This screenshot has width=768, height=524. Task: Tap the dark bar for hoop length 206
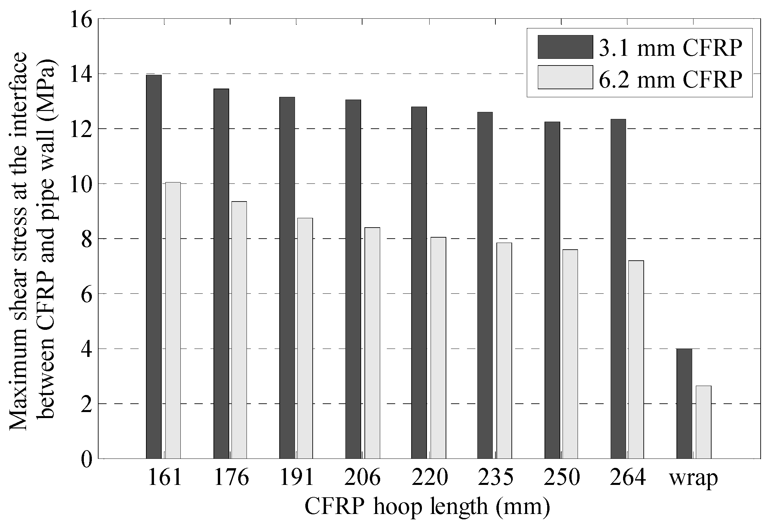click(353, 279)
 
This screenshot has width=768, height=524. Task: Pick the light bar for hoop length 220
click(438, 348)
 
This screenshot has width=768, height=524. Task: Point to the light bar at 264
click(636, 359)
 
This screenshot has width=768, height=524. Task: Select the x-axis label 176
click(231, 479)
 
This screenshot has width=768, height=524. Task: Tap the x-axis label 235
click(495, 479)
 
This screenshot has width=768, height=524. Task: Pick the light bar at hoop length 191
click(305, 338)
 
